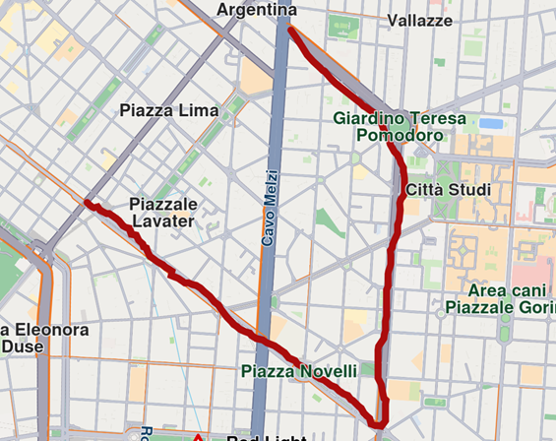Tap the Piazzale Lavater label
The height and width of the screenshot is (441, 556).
[x=163, y=213]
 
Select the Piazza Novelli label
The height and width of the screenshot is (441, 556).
[x=299, y=371]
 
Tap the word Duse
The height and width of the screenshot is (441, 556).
[x=22, y=346]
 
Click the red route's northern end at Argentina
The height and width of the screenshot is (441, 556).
[x=289, y=31]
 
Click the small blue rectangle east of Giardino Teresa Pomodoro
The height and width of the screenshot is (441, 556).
[x=490, y=124]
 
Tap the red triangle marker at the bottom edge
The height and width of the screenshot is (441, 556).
[x=198, y=436]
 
